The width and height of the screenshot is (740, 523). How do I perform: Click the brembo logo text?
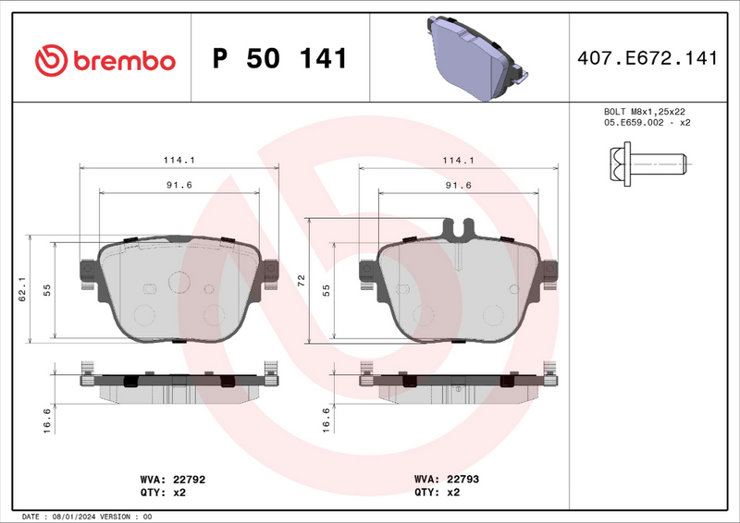123,60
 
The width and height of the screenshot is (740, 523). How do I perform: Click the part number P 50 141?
279,59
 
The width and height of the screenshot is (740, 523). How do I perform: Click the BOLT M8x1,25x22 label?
647,111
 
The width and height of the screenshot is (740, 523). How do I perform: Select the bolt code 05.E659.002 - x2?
647,122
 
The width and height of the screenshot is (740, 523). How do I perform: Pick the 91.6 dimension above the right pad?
459,186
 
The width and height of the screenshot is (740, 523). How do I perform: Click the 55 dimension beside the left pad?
47,290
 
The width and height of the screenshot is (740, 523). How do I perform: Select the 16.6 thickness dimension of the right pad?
325,422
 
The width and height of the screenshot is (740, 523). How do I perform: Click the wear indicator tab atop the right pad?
458,227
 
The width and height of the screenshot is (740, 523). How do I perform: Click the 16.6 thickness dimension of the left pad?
47,422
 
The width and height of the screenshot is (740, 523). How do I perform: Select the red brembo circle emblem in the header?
52,60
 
